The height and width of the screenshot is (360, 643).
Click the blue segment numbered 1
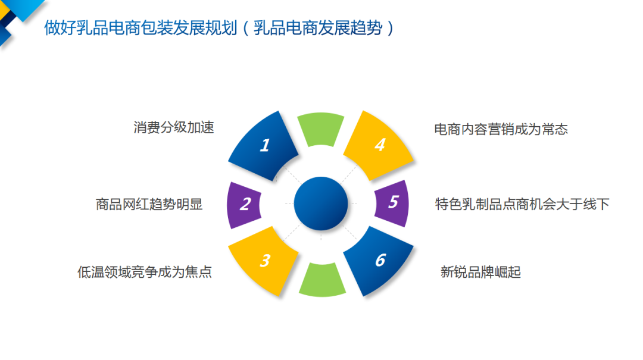(264, 146)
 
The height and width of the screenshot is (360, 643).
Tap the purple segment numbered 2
(245, 205)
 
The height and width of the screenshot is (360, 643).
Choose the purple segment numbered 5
(392, 203)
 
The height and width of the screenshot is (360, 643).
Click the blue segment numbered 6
(379, 261)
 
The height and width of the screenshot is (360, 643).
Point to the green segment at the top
(321, 129)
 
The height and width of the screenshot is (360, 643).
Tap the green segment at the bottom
(322, 280)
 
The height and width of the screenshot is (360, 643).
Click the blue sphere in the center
(321, 204)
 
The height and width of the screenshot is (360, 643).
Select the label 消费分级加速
(174, 127)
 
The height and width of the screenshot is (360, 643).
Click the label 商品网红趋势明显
(149, 204)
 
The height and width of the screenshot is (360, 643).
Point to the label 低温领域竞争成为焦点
(145, 272)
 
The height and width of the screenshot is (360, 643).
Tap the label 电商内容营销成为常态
(501, 130)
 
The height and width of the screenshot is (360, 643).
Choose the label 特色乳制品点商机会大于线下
(523, 204)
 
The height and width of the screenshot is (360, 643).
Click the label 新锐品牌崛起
(480, 272)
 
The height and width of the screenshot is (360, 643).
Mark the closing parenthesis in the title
(390, 28)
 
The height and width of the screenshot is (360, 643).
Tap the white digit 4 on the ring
(380, 145)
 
